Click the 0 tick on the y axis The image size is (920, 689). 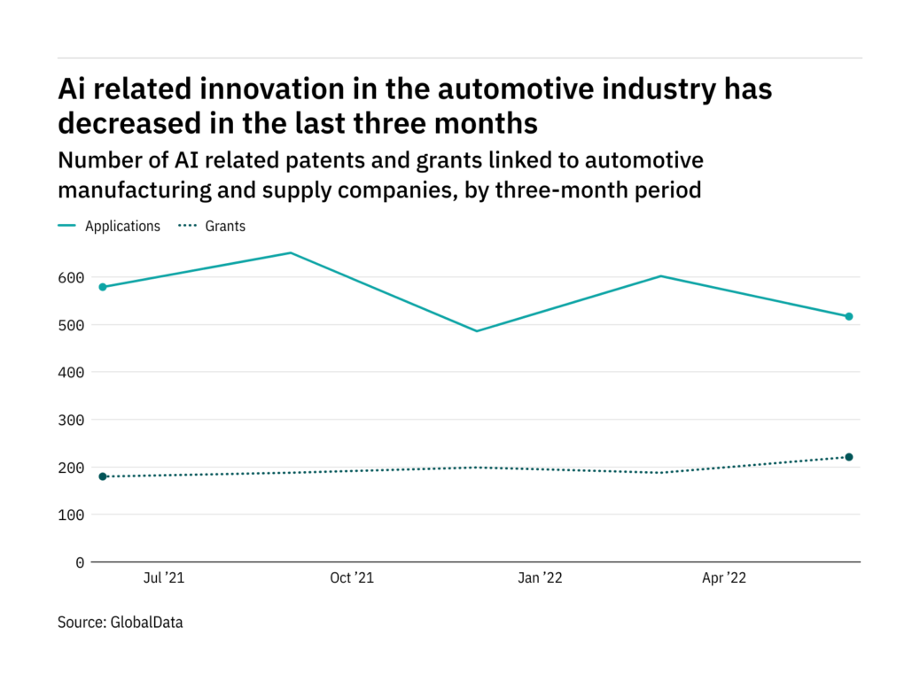(80, 562)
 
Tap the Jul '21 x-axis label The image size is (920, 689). (164, 578)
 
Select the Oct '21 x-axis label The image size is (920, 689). (352, 578)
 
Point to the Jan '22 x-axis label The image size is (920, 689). (540, 578)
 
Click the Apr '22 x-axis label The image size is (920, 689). (724, 578)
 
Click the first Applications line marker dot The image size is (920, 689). (103, 287)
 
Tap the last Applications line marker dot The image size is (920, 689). (848, 316)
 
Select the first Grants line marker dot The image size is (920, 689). (103, 476)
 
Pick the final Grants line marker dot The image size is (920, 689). (848, 457)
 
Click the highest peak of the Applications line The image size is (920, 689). (290, 253)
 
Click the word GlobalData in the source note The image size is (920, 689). (146, 623)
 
